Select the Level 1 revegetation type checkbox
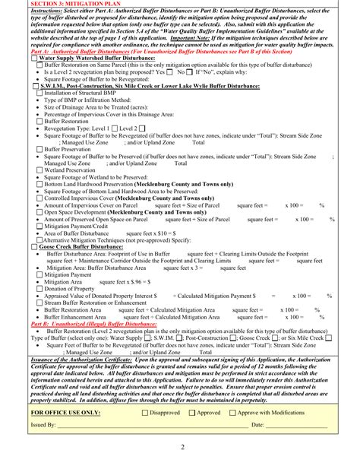pyautogui.click(x=115, y=128)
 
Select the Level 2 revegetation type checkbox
pyautogui.click(x=144, y=128)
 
